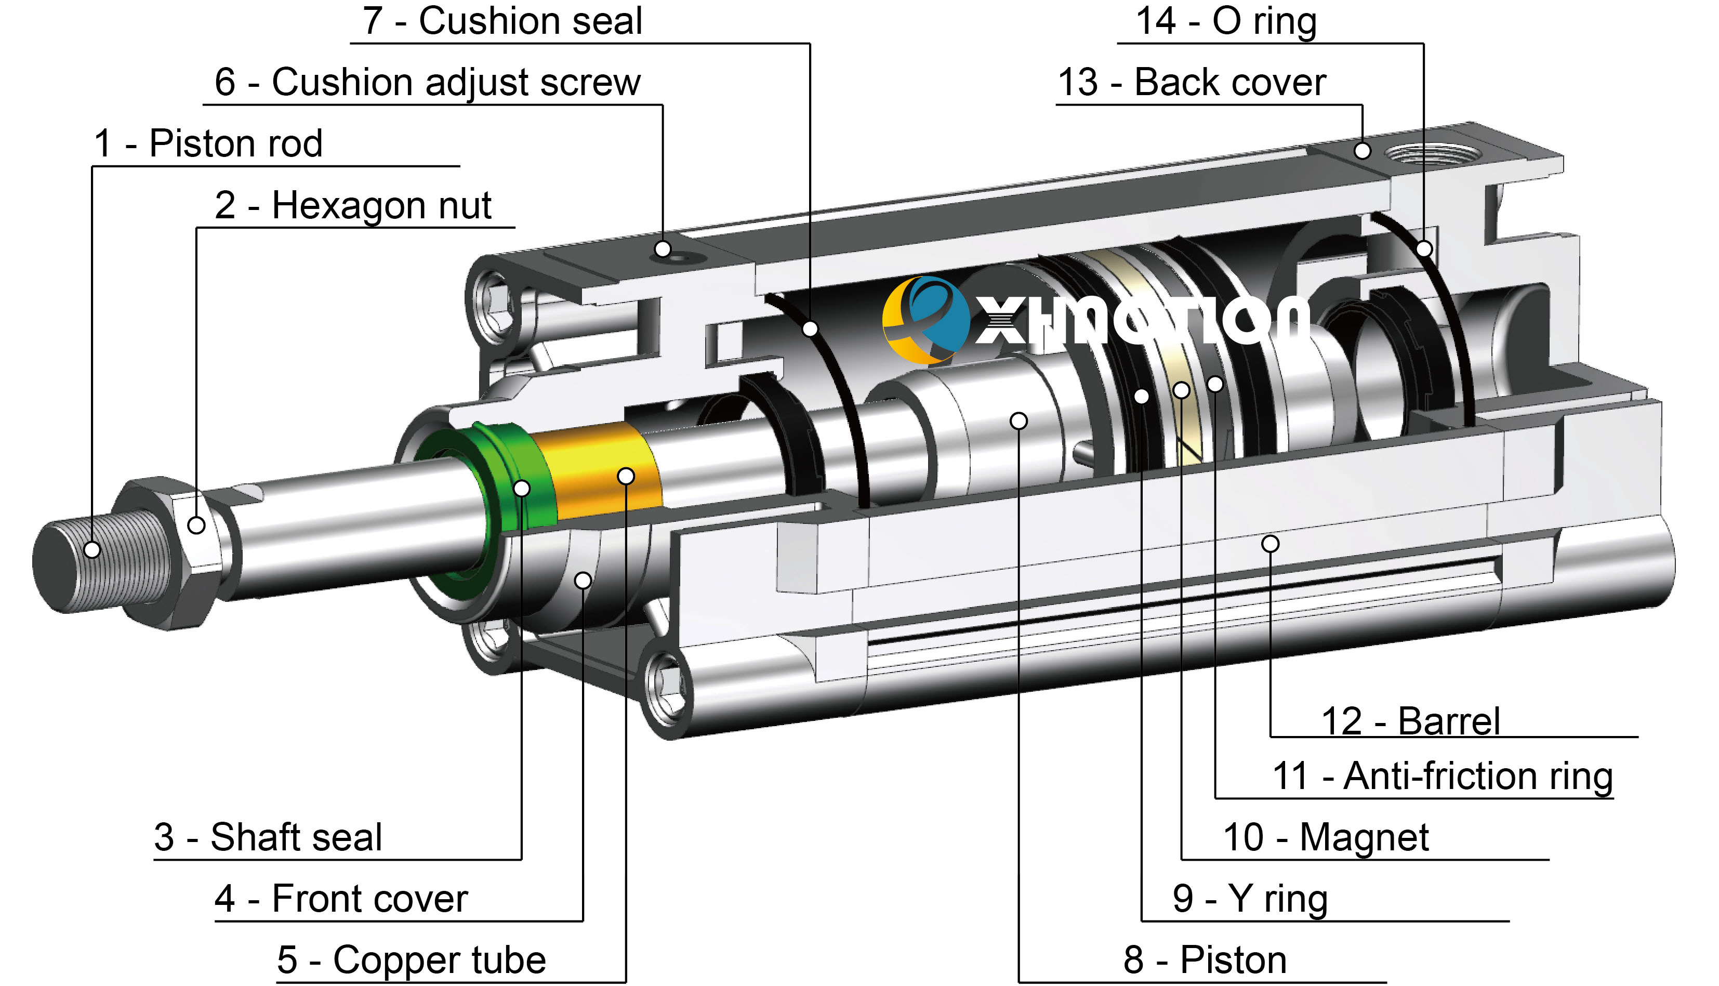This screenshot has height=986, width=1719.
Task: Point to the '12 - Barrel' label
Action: pyautogui.click(x=1410, y=721)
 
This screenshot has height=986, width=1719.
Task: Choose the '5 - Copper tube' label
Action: pyautogui.click(x=411, y=959)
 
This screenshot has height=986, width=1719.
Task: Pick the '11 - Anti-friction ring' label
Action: pyautogui.click(x=1442, y=776)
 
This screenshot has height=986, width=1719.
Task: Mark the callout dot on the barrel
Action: pyautogui.click(x=1270, y=543)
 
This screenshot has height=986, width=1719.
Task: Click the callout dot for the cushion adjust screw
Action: pyautogui.click(x=663, y=248)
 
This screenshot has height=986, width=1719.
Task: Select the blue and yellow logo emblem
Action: pyautogui.click(x=925, y=320)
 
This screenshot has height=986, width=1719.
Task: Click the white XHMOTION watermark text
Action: pyautogui.click(x=1138, y=322)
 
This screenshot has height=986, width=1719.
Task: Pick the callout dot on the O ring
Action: pyautogui.click(x=1424, y=248)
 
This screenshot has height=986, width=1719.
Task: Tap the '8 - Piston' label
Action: pyautogui.click(x=1205, y=959)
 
